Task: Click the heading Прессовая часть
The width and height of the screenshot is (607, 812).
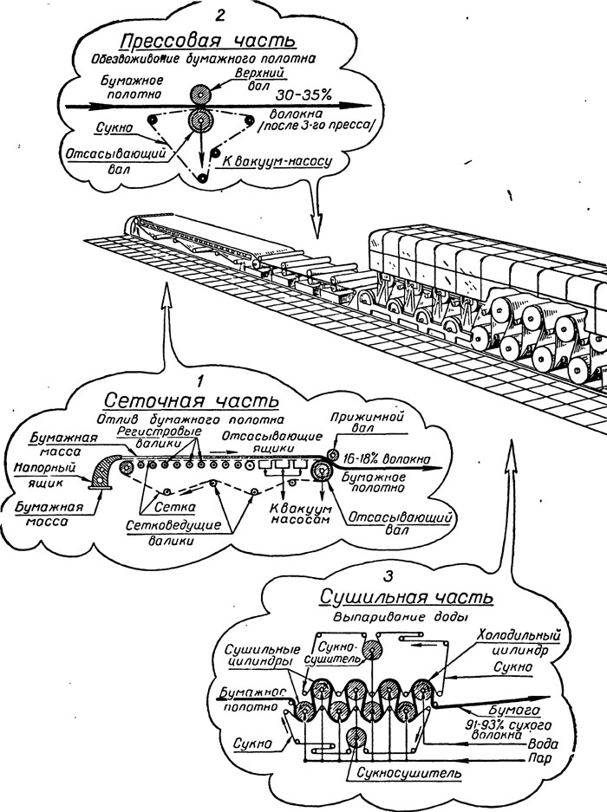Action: tap(208, 41)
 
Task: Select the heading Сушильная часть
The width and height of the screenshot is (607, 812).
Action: tap(406, 597)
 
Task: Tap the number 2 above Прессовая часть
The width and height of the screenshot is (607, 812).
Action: tap(219, 14)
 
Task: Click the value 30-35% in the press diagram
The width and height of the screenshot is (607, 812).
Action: tap(304, 94)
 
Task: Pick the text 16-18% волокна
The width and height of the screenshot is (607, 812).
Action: tap(387, 458)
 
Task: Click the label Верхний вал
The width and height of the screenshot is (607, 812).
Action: tap(259, 79)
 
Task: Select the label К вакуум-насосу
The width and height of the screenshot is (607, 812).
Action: tap(277, 160)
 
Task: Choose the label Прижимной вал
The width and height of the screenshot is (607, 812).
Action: tap(368, 423)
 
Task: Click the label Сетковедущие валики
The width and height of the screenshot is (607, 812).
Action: tap(173, 533)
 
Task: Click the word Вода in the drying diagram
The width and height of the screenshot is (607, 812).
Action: tap(543, 744)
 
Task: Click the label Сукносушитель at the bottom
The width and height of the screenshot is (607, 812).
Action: tap(408, 773)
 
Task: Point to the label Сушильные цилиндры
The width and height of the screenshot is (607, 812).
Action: tap(263, 656)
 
